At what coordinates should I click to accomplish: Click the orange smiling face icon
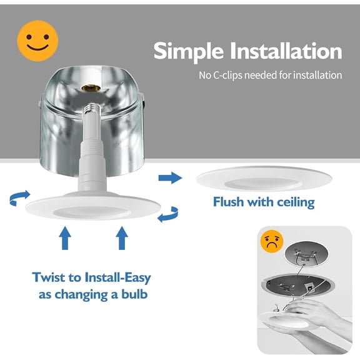click(x=37, y=41)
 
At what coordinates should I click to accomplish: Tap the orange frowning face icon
click(x=272, y=241)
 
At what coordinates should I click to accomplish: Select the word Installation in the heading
click(x=286, y=51)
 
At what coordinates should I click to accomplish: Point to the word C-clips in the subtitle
click(x=227, y=75)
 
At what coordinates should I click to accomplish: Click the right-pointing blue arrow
click(x=170, y=177)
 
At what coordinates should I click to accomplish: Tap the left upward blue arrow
click(x=65, y=238)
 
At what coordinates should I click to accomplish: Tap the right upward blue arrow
click(x=122, y=238)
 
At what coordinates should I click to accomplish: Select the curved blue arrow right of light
click(x=169, y=215)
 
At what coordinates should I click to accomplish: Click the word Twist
click(x=49, y=277)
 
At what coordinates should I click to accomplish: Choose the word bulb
click(x=134, y=294)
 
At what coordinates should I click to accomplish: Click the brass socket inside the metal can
click(x=91, y=88)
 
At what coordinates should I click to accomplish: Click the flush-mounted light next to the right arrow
click(x=264, y=179)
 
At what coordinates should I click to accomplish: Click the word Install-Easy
click(x=117, y=277)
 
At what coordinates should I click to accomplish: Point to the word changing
click(x=81, y=295)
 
